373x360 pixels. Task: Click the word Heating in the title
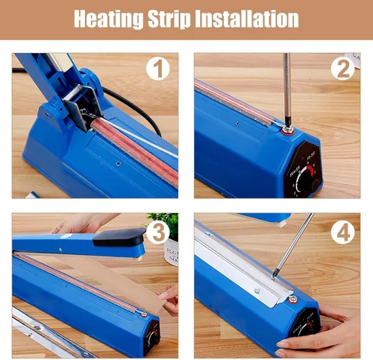[x=109, y=19]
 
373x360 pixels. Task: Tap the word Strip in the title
[x=169, y=19]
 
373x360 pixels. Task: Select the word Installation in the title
[x=247, y=19]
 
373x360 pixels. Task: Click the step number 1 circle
[x=158, y=69]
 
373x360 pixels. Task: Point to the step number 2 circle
[x=342, y=69]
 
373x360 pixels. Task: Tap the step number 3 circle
[x=158, y=233]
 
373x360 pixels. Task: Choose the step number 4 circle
[x=342, y=233]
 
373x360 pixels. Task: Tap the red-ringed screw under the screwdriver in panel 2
[x=288, y=130]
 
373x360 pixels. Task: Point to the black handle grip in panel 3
[x=119, y=237]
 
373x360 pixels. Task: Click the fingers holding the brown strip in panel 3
[x=169, y=298]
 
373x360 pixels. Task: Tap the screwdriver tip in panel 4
[x=274, y=277]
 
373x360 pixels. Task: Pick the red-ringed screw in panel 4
[x=293, y=300]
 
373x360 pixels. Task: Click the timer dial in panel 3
[x=152, y=338]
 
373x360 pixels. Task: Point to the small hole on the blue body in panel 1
[x=119, y=163]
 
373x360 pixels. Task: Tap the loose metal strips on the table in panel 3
[x=50, y=333]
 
